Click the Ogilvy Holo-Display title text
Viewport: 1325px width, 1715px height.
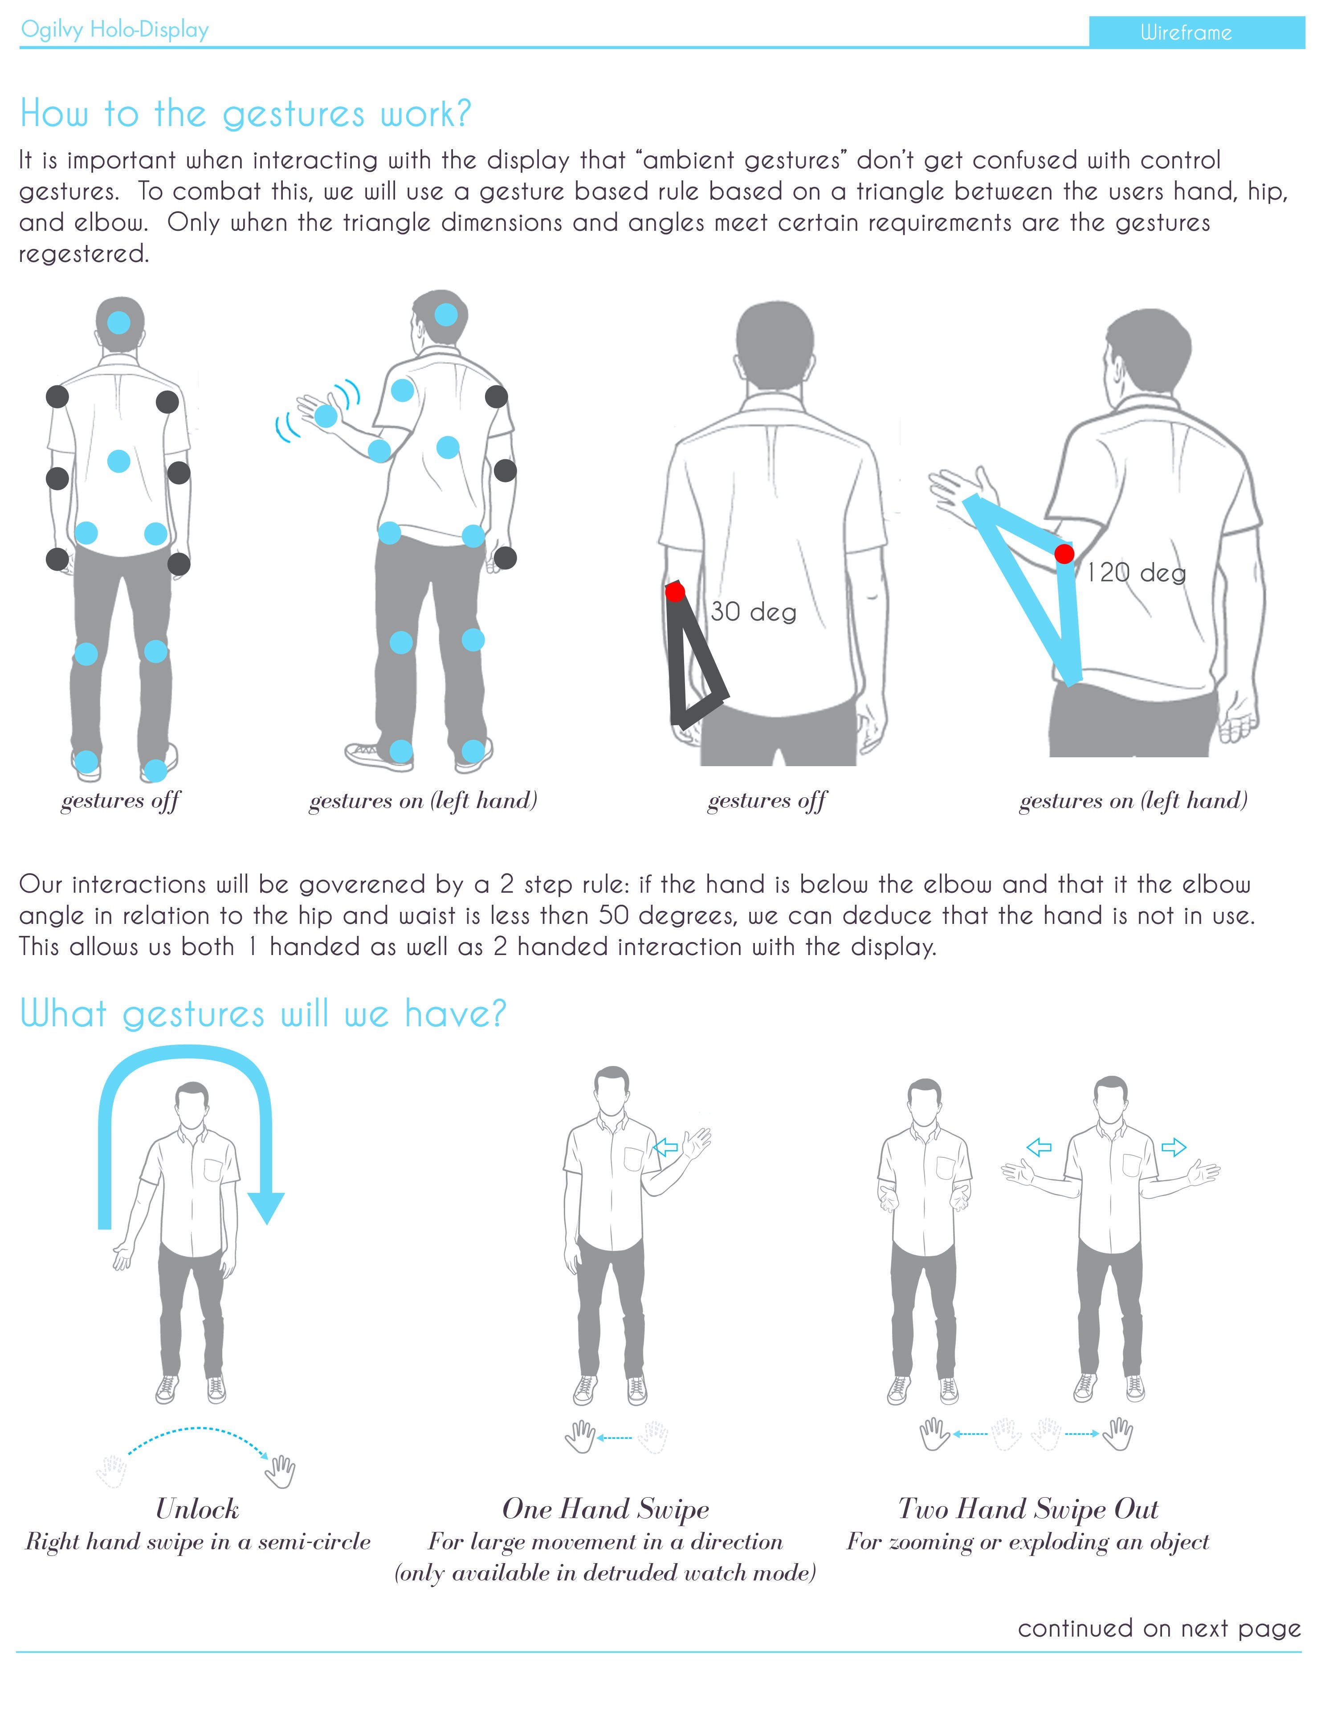[x=114, y=30]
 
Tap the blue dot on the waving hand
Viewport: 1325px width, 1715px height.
[x=326, y=416]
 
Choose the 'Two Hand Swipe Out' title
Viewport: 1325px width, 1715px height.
[x=1028, y=1508]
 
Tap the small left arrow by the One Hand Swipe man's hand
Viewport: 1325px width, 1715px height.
[x=666, y=1148]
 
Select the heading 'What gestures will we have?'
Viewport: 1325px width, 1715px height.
[x=263, y=1014]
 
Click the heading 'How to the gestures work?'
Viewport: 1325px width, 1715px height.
[x=245, y=114]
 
